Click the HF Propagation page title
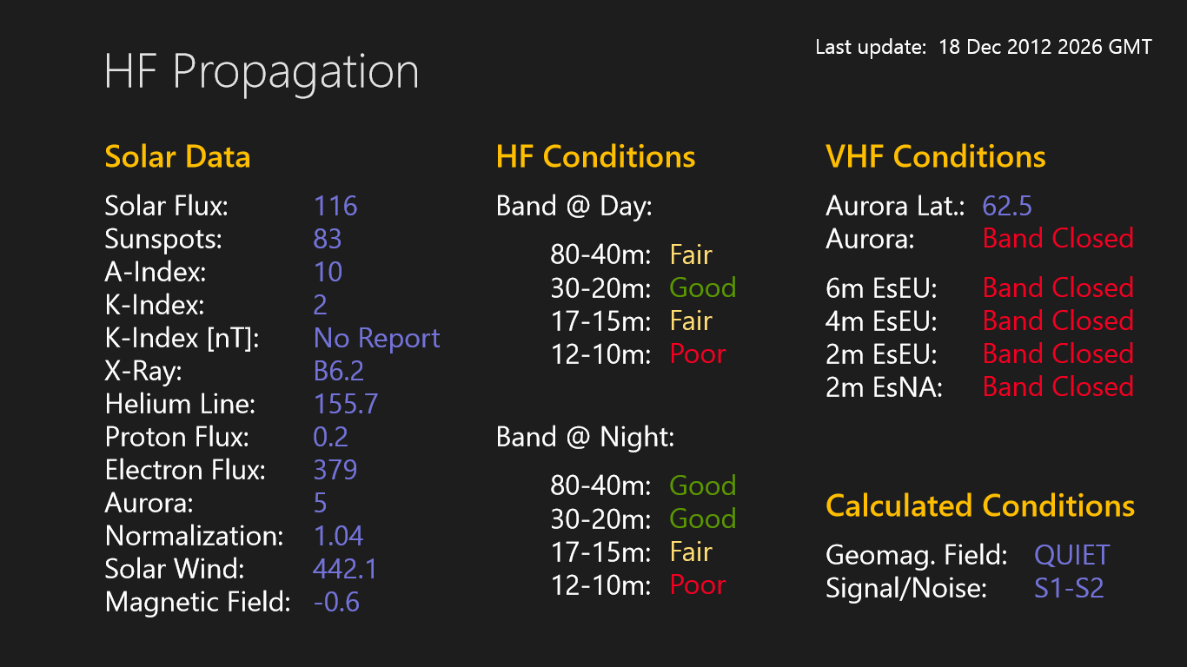(261, 71)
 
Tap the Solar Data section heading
(177, 157)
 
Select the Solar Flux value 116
(335, 206)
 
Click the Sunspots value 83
(328, 239)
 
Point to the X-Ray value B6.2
(338, 371)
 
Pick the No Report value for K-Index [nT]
(376, 338)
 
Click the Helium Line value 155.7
(345, 404)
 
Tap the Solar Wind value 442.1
(345, 569)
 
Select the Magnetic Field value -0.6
(336, 602)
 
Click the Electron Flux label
(185, 470)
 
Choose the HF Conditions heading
(595, 157)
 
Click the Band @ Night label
(585, 437)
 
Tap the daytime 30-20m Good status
(702, 287)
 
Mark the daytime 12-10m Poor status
(698, 353)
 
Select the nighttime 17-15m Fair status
(691, 551)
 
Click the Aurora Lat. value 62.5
(1007, 206)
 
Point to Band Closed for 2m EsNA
(1058, 386)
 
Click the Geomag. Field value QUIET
(1071, 555)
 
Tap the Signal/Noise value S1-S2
(1069, 588)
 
